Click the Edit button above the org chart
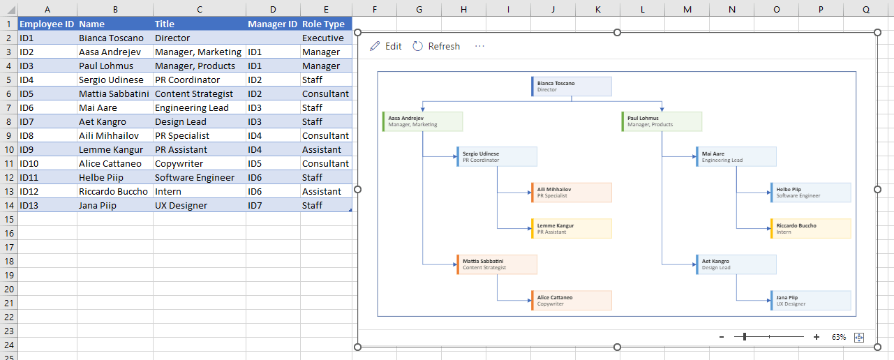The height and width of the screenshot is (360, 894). (385, 46)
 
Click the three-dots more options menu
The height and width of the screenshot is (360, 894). (479, 46)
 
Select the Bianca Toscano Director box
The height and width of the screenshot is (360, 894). (572, 87)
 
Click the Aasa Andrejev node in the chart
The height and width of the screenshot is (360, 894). (423, 121)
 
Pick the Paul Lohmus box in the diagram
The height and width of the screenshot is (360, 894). (662, 121)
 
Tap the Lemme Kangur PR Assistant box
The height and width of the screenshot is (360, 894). (572, 229)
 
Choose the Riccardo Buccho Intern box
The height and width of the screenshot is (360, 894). (810, 229)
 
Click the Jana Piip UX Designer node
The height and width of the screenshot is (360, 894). (810, 301)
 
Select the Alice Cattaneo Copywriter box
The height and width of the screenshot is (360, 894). (572, 301)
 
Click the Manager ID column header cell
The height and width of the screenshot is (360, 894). (273, 24)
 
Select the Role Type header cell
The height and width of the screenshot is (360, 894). (326, 24)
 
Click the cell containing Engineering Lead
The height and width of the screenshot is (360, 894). (200, 107)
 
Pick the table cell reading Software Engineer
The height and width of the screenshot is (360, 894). (200, 178)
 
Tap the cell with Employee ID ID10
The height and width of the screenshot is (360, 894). (47, 164)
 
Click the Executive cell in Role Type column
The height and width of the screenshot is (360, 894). (326, 38)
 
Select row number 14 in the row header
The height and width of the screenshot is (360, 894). (9, 206)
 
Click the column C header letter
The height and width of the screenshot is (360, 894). (200, 9)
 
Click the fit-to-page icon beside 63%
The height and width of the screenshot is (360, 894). (859, 338)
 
